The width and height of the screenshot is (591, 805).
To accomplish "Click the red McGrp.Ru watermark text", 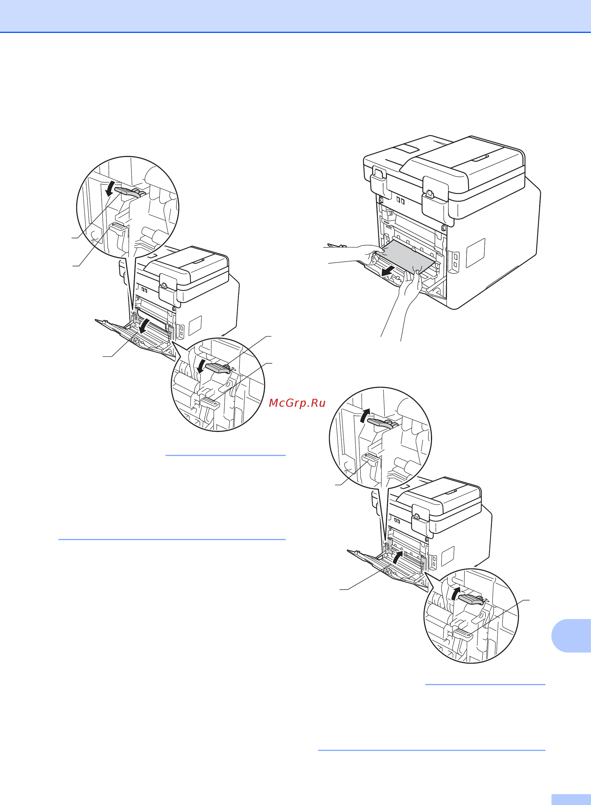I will [x=297, y=403].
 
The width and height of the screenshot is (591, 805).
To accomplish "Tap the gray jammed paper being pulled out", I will [x=406, y=256].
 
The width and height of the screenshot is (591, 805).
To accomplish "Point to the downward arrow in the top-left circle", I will [x=111, y=189].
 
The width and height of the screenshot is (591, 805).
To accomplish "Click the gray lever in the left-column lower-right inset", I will [x=218, y=368].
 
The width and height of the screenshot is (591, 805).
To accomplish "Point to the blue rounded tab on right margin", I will [x=572, y=636].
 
